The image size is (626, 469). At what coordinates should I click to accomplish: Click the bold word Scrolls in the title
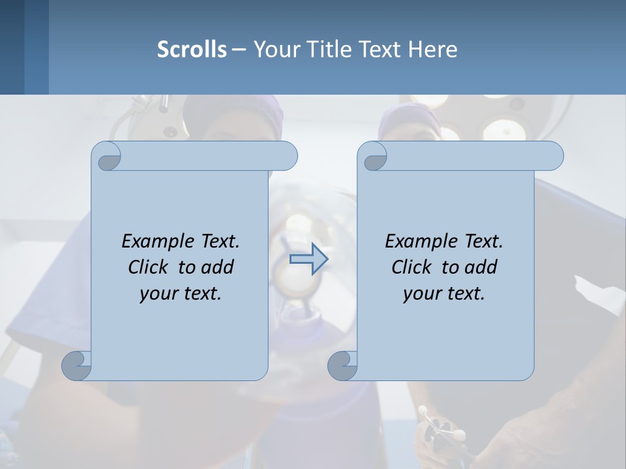click(x=192, y=50)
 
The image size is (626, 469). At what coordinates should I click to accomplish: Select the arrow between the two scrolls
click(x=308, y=259)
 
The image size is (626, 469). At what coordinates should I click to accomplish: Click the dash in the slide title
click(x=239, y=50)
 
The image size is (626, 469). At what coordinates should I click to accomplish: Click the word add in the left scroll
click(x=218, y=267)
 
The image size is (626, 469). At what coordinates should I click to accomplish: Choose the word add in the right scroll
click(x=481, y=267)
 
